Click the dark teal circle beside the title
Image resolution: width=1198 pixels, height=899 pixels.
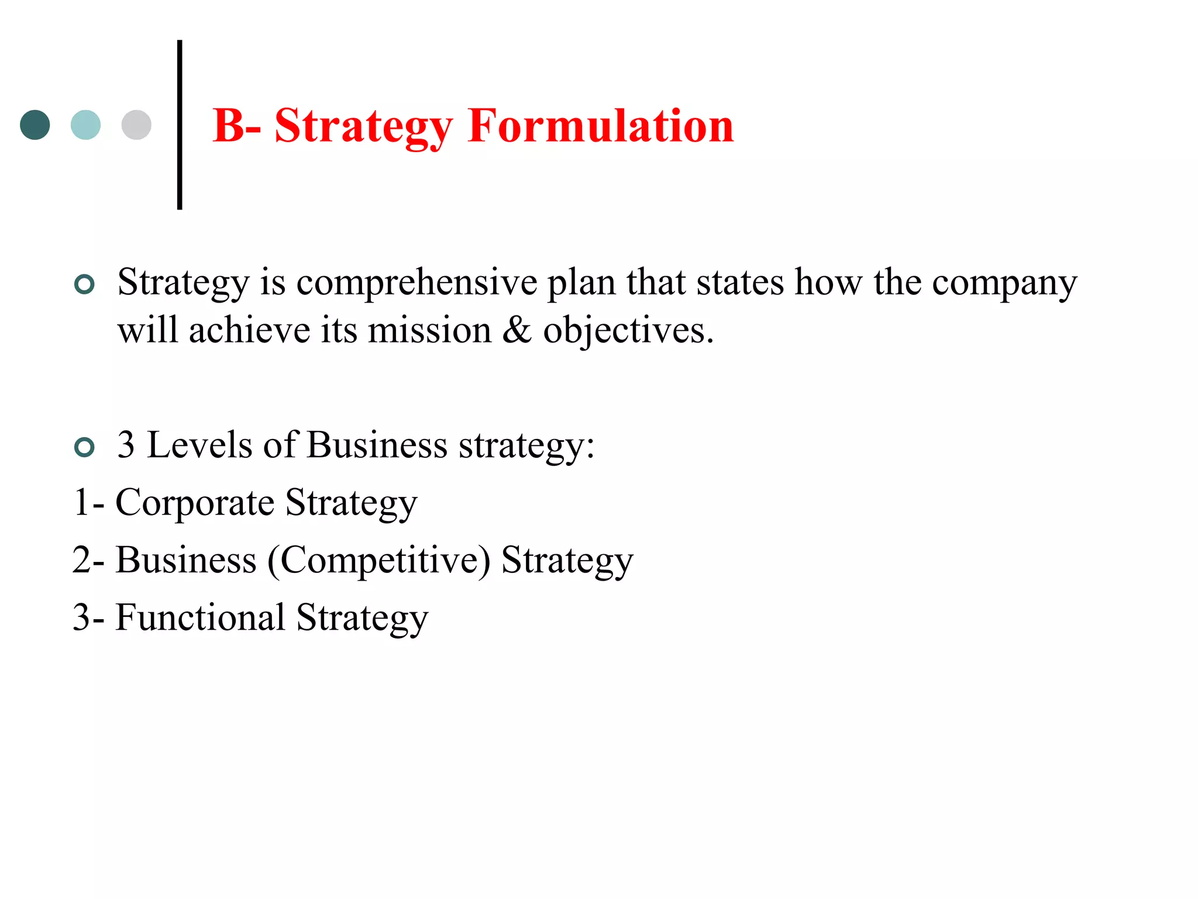tap(35, 125)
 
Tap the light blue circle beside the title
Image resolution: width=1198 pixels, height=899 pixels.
tap(85, 125)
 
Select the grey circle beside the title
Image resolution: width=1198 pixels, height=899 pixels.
tap(136, 125)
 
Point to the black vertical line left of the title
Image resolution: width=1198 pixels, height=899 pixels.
tap(180, 125)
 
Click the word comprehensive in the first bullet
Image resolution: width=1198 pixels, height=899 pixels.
tap(417, 283)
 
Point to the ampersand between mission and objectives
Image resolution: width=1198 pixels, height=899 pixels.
tap(517, 331)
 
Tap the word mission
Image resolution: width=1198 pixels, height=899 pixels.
tap(430, 331)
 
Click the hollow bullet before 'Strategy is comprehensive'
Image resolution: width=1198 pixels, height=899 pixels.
tap(85, 284)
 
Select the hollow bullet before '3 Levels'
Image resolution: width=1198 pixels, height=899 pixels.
tap(85, 448)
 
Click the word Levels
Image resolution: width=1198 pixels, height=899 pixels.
tap(199, 445)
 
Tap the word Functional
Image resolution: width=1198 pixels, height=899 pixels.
tap(200, 617)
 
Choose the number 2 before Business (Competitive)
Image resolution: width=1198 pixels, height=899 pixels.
tap(81, 560)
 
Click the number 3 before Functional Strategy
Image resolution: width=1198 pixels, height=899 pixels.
tap(81, 617)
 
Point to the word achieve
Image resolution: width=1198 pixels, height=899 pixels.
tap(249, 331)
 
